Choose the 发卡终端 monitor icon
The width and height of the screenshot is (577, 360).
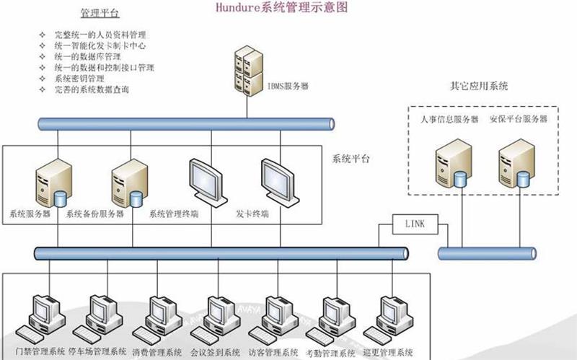coord(277,182)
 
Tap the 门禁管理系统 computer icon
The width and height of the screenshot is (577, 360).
coord(43,318)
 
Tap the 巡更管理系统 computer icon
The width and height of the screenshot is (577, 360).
coord(390,318)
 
